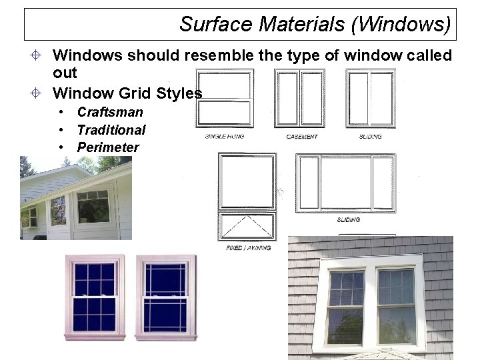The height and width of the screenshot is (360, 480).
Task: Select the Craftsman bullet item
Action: point(110,112)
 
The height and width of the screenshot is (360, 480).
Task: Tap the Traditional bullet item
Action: point(111,130)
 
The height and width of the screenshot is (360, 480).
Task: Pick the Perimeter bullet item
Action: point(108,147)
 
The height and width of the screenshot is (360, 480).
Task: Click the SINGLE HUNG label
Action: point(224,137)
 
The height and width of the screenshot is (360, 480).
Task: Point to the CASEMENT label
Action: point(301,137)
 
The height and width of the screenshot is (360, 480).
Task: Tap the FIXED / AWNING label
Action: point(248,247)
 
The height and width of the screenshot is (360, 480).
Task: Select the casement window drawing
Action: point(301,98)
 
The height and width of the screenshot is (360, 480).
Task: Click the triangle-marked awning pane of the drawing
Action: point(247,227)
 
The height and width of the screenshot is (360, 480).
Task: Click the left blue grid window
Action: point(94,297)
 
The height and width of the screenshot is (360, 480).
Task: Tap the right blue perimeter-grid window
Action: point(165,297)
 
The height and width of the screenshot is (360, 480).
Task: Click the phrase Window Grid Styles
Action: point(127,93)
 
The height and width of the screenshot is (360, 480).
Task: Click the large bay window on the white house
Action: point(93,207)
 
